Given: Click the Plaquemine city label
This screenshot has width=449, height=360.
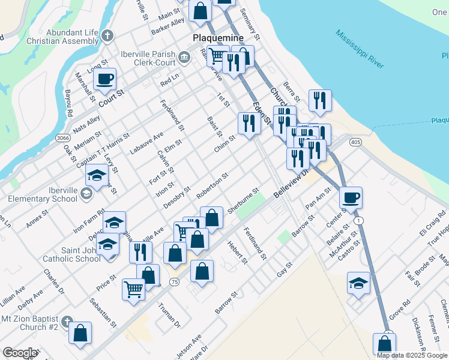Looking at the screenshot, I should [x=218, y=38].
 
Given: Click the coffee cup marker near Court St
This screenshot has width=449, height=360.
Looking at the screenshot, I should [x=104, y=79].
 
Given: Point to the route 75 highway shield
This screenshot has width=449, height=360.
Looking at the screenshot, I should [x=173, y=282].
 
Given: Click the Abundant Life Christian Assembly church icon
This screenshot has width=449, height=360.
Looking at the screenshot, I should [x=108, y=35].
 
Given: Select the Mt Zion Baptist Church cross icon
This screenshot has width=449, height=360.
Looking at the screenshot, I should [x=67, y=321].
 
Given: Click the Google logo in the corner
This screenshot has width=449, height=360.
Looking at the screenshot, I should [x=19, y=353].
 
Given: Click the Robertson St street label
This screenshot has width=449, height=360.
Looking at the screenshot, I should [x=212, y=186].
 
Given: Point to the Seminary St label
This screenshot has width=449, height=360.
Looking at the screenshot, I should [x=250, y=24].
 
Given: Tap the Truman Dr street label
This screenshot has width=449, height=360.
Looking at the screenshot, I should [x=169, y=314].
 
